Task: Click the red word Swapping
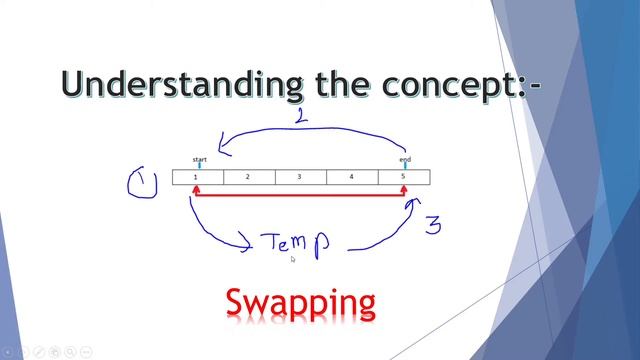[x=300, y=301]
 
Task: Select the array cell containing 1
[x=197, y=177]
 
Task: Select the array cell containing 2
[x=248, y=177]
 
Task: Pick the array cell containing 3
[x=300, y=177]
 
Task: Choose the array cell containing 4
[x=352, y=177]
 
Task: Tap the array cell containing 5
[x=404, y=177]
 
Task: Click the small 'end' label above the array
[x=405, y=158]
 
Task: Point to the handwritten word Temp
[x=295, y=243]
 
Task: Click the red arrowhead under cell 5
[x=406, y=203]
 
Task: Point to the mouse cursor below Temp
[x=292, y=259]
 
